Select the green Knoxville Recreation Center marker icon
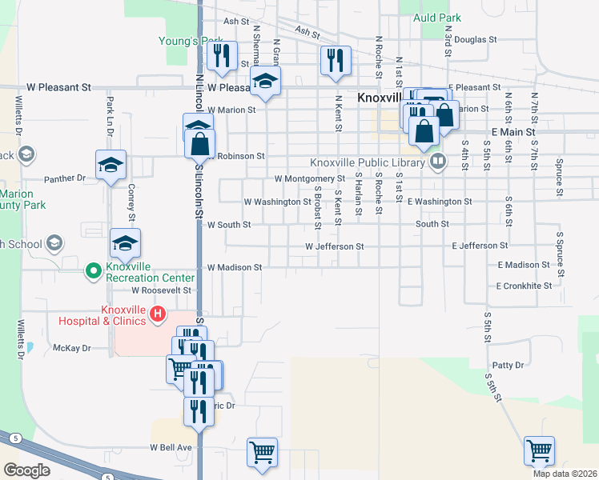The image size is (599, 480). pos(93,272)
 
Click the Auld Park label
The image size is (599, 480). pos(436,17)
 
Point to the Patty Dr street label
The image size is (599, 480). pos(509,365)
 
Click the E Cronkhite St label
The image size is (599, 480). pos(524,286)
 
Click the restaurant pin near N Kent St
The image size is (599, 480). pos(336,60)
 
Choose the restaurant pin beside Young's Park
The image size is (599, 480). pos(222,55)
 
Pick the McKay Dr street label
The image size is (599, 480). pos(72,348)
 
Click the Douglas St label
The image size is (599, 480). pos(476,38)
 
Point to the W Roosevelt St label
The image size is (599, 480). pos(162,290)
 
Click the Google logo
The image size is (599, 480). pos(27,470)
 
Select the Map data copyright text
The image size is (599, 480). pos(564,474)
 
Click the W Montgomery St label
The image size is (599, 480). pos(309,179)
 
